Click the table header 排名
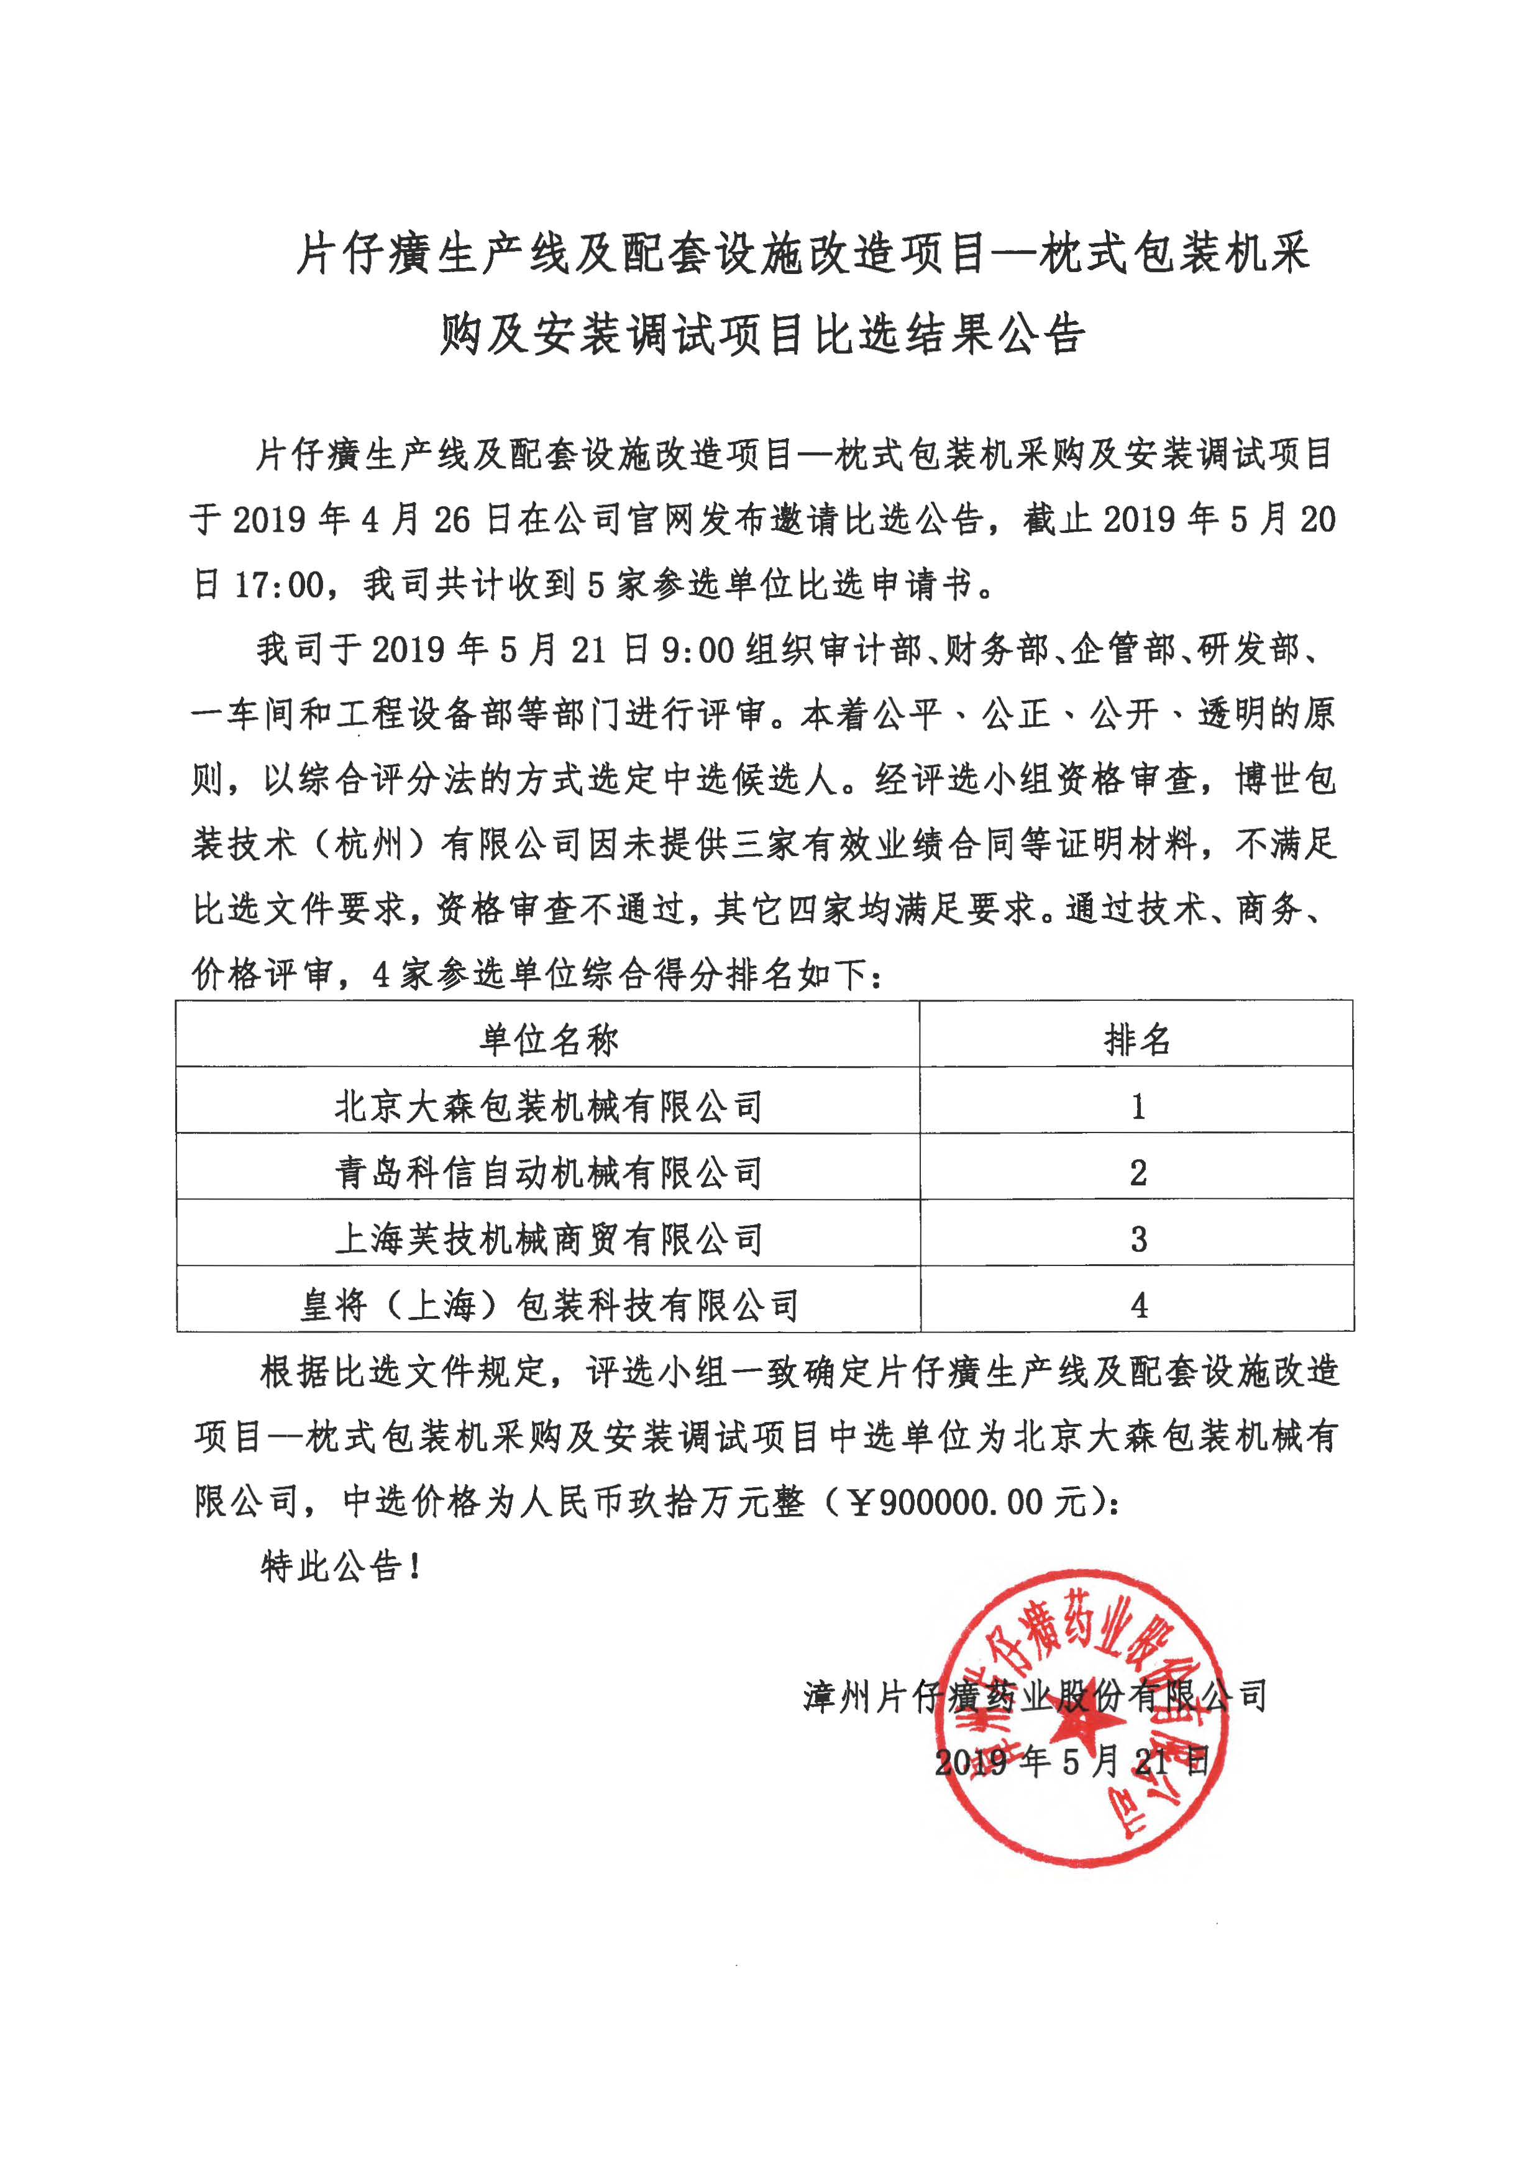click(x=1136, y=1041)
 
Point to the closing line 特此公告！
click(x=341, y=1566)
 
